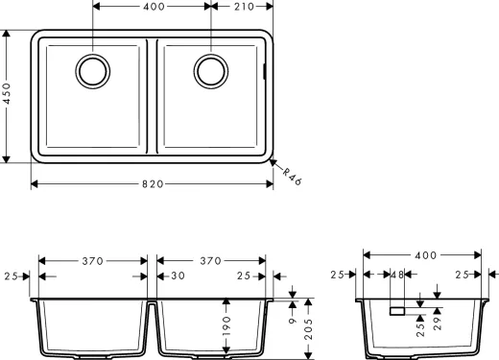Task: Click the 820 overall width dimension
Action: [x=153, y=183]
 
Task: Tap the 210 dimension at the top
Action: [x=241, y=6]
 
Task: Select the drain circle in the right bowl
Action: [x=210, y=69]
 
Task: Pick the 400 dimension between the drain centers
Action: [x=152, y=6]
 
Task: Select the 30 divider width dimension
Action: [x=177, y=276]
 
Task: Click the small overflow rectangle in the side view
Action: [x=396, y=311]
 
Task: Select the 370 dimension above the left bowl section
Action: [x=92, y=260]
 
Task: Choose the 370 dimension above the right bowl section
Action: [x=210, y=260]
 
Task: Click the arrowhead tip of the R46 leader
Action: [x=272, y=159]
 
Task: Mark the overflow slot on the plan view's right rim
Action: [x=265, y=71]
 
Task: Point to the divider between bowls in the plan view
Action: [x=152, y=96]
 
